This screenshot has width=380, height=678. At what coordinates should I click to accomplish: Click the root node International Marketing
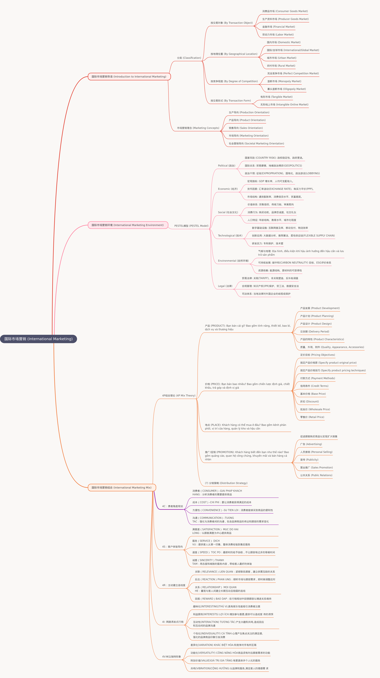pyautogui.click(x=38, y=339)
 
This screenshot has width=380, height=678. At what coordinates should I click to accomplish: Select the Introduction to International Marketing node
pyautogui.click(x=129, y=77)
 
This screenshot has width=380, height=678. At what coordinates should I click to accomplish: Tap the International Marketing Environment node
pyautogui.click(x=128, y=225)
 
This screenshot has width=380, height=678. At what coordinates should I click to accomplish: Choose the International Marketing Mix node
pyautogui.click(x=122, y=487)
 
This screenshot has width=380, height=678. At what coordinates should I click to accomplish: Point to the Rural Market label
pyautogui.click(x=281, y=66)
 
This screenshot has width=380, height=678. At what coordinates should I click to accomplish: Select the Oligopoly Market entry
pyautogui.click(x=286, y=89)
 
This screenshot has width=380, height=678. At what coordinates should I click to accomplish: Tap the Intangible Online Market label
pyautogui.click(x=284, y=104)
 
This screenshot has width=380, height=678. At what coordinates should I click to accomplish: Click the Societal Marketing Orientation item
pyautogui.click(x=256, y=143)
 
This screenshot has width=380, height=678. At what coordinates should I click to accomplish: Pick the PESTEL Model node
pyautogui.click(x=191, y=226)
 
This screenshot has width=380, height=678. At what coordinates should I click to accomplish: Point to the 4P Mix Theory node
pyautogui.click(x=179, y=396)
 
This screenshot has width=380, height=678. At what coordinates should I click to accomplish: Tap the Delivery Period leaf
pyautogui.click(x=314, y=332)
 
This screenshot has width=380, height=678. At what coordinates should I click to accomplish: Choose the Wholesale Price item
pyautogui.click(x=315, y=409)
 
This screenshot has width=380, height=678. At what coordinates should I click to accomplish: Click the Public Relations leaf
pyautogui.click(x=316, y=475)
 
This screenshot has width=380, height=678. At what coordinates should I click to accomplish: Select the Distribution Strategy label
pyautogui.click(x=226, y=483)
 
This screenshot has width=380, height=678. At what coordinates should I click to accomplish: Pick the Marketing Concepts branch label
pyautogui.click(x=198, y=128)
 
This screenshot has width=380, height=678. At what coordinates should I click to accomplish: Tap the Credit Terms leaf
pyautogui.click(x=314, y=386)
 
